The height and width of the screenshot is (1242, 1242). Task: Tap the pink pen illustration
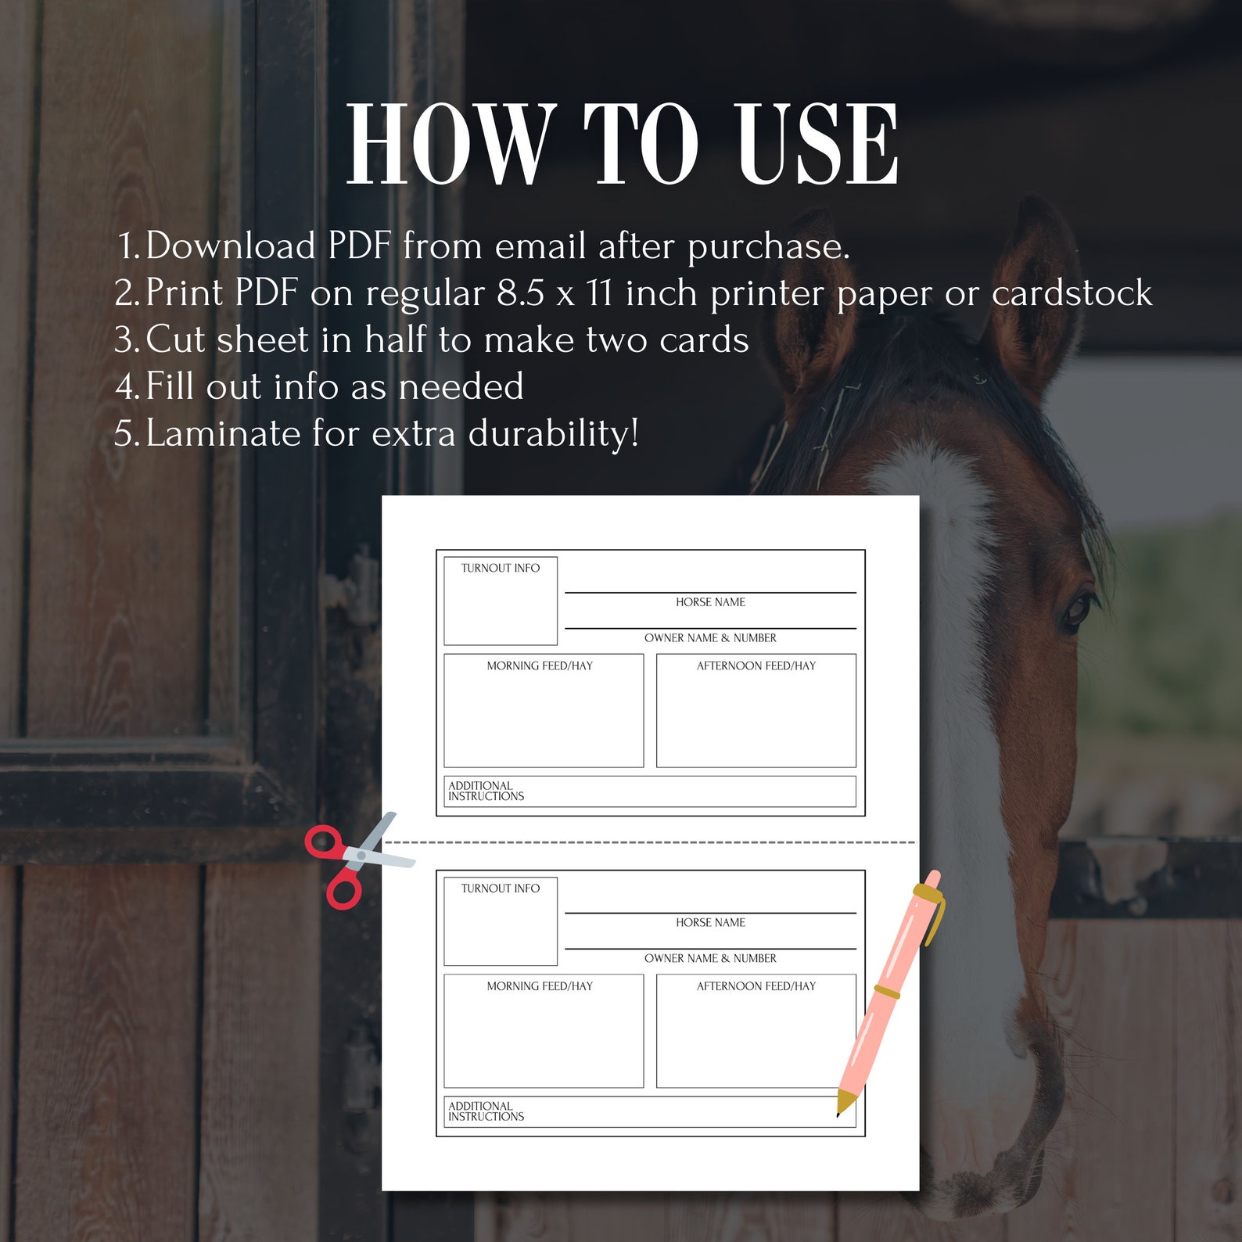tap(891, 993)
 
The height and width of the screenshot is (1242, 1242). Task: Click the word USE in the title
tap(818, 145)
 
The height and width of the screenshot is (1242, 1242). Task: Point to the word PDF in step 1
tap(359, 246)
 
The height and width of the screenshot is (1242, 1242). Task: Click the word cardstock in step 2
tap(1071, 293)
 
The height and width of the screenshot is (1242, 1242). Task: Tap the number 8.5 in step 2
tap(520, 293)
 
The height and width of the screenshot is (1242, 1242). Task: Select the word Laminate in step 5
tap(223, 433)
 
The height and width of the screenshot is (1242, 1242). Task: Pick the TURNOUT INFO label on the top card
tap(500, 569)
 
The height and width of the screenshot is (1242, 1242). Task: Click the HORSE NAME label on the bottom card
tap(710, 923)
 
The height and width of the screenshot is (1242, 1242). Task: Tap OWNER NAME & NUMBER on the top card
tap(710, 638)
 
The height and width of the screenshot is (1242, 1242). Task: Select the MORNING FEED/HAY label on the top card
tap(540, 666)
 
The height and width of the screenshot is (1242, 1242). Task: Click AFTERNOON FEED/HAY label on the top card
tap(756, 666)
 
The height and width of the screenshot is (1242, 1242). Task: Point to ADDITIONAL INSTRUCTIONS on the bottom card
tap(486, 1111)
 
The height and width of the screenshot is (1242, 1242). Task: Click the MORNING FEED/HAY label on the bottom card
tap(540, 987)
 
